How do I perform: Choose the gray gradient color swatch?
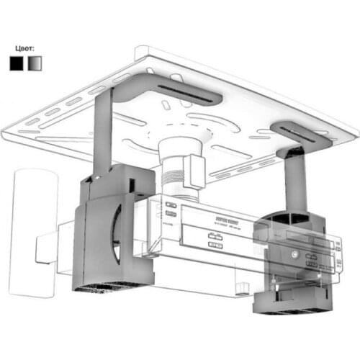(x=35, y=63)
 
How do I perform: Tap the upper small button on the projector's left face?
(x=171, y=205)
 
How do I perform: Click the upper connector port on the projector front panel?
(x=214, y=235)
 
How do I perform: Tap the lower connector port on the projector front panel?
(x=214, y=247)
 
